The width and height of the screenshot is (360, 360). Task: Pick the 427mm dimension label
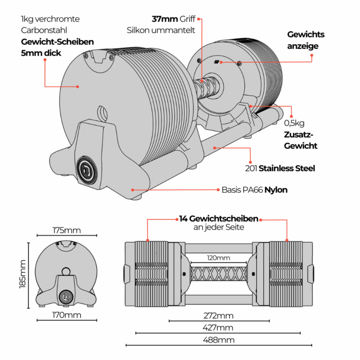[x=218, y=327]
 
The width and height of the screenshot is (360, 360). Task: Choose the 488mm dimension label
[x=219, y=339]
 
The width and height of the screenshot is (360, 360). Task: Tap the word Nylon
[x=276, y=190]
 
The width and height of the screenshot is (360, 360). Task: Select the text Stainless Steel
[x=287, y=168]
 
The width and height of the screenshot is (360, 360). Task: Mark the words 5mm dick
[x=41, y=53]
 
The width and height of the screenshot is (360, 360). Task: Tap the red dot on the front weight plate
[x=78, y=87]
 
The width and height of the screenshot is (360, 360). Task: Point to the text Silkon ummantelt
[x=161, y=30]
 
